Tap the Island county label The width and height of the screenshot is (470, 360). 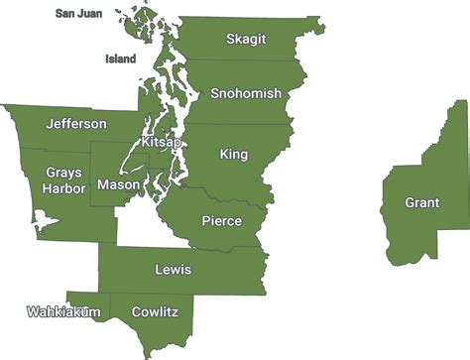pyautogui.click(x=120, y=59)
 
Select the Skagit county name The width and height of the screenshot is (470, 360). pyautogui.click(x=245, y=40)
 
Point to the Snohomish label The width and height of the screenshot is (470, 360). pyautogui.click(x=246, y=93)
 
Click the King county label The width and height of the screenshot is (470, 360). pyautogui.click(x=234, y=155)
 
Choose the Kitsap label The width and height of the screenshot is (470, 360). pyautogui.click(x=162, y=143)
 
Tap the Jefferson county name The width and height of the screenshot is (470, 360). pyautogui.click(x=76, y=124)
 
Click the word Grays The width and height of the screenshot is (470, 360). pyautogui.click(x=63, y=173)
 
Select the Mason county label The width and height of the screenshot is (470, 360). pyautogui.click(x=118, y=185)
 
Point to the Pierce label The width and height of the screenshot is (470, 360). pyautogui.click(x=221, y=220)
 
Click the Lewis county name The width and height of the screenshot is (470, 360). pyautogui.click(x=174, y=269)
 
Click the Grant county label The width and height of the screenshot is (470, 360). pyautogui.click(x=422, y=203)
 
